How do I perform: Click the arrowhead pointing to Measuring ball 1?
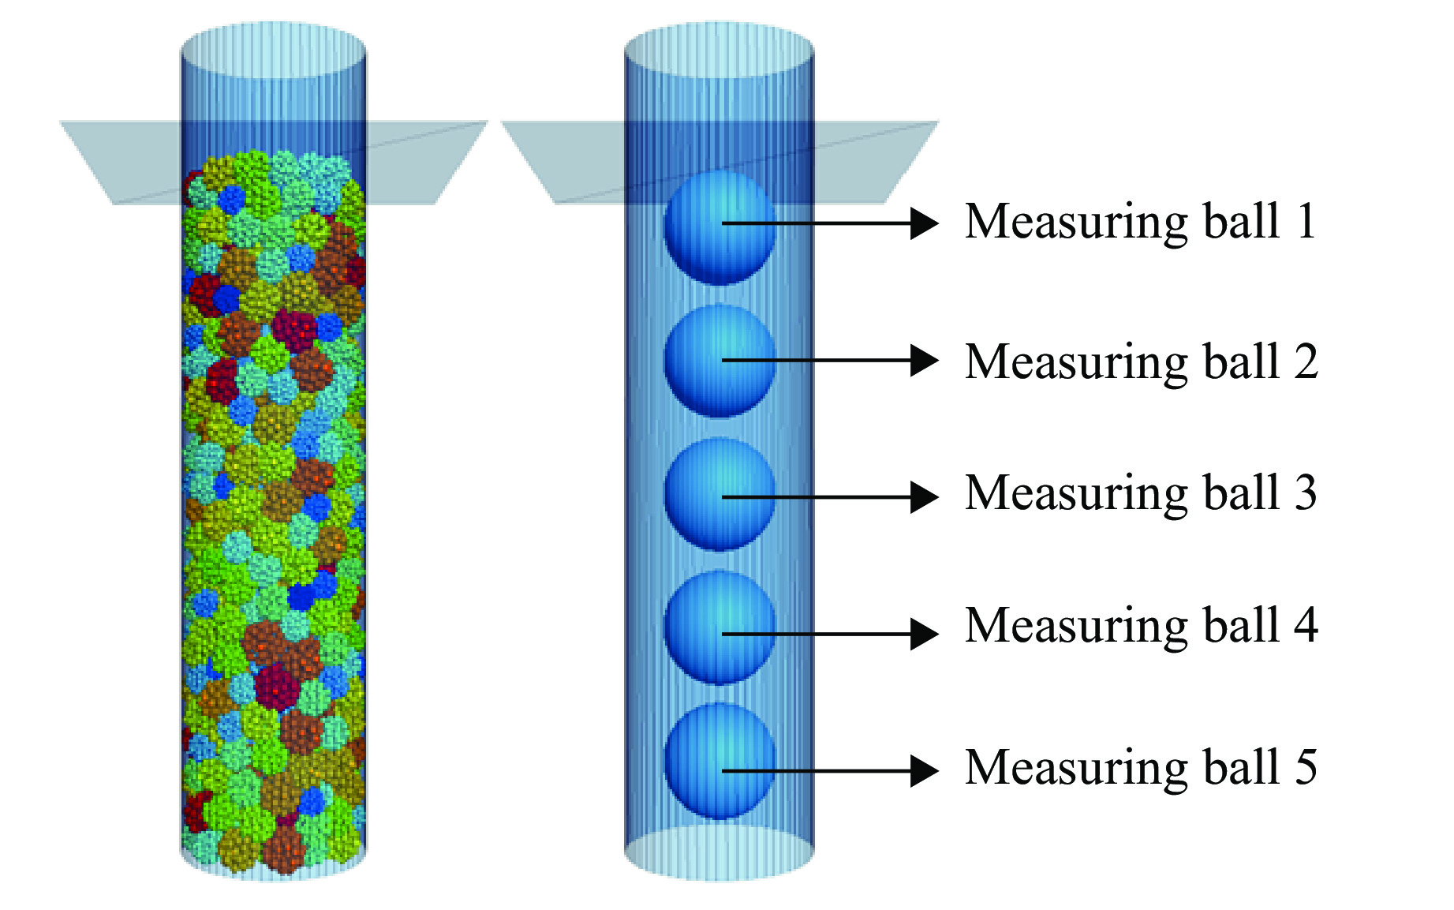pos(924,223)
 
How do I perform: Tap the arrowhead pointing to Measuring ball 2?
pos(924,361)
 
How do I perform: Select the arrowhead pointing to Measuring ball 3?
pos(924,497)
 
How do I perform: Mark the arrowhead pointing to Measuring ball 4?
pos(924,634)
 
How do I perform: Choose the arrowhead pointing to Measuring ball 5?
pos(924,771)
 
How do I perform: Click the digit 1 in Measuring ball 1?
pos(1306,221)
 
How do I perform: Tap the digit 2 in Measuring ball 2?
pos(1306,361)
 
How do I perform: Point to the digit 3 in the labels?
pos(1306,493)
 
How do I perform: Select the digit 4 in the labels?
pos(1306,625)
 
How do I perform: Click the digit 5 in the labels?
pos(1306,766)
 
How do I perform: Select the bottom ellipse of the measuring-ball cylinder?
pos(719,852)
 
